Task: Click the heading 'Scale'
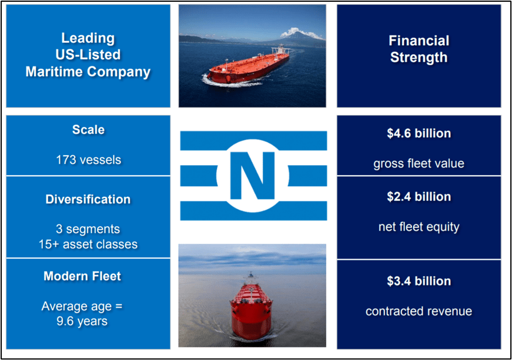[88, 129]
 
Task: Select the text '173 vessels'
[88, 159]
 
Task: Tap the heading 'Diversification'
[88, 199]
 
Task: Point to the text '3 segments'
[88, 229]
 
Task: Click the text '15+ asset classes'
[88, 244]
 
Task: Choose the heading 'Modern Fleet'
[82, 276]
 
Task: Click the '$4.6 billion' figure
[419, 133]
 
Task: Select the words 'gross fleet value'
[419, 163]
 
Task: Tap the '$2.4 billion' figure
[419, 196]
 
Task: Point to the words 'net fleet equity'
[419, 227]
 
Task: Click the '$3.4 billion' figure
[419, 281]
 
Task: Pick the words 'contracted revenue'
[419, 311]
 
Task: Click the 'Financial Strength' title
[419, 49]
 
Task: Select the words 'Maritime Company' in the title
[88, 72]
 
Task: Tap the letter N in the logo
[252, 175]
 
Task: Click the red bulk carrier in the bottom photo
[252, 308]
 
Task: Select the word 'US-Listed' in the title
[88, 55]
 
